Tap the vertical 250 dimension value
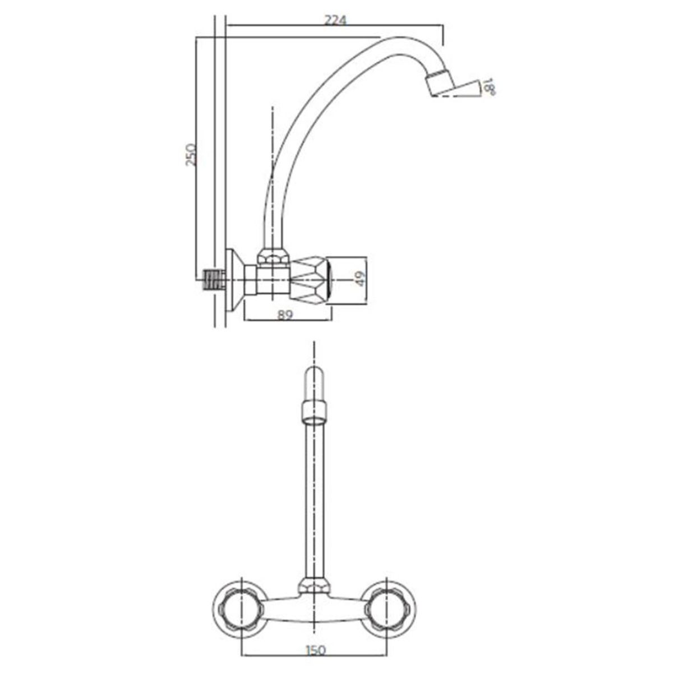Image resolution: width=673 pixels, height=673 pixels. point(191,154)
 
